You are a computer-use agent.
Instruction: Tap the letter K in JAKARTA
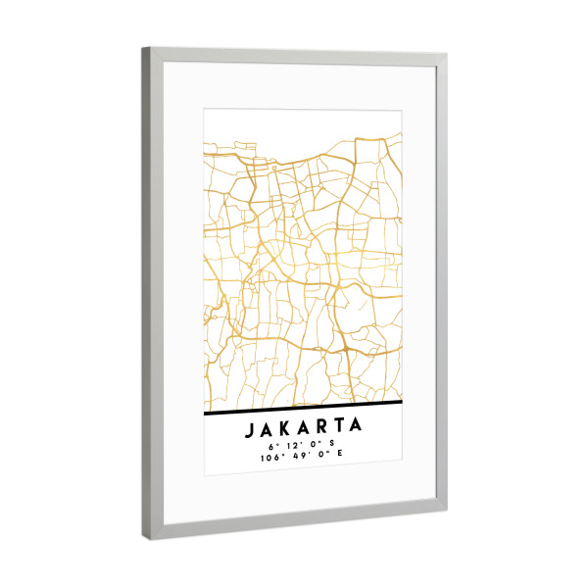point(284,427)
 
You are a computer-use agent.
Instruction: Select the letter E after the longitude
point(343,458)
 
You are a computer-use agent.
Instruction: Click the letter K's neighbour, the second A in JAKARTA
point(302,427)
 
